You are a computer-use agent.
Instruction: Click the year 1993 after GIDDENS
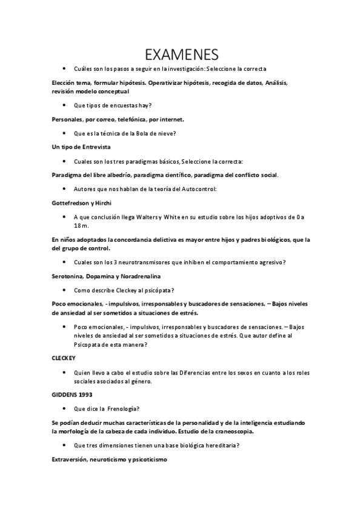tap(85, 394)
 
